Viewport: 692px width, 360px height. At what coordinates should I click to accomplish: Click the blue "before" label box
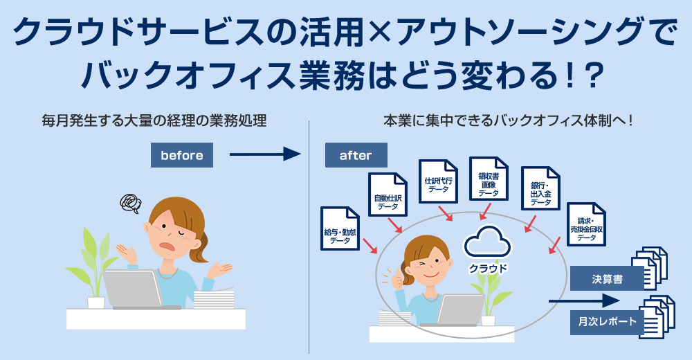click(x=182, y=155)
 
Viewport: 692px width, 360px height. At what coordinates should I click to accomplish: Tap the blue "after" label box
click(x=356, y=155)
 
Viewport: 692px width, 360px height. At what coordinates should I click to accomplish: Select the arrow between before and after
click(x=265, y=154)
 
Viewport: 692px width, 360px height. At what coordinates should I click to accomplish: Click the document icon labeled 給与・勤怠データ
click(x=340, y=228)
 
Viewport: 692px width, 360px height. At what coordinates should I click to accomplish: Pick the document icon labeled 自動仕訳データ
click(x=388, y=195)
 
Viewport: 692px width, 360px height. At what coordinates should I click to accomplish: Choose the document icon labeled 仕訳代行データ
click(x=438, y=181)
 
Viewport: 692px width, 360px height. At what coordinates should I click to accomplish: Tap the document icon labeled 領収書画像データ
click(x=489, y=179)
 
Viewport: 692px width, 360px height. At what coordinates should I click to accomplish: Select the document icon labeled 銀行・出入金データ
click(x=540, y=188)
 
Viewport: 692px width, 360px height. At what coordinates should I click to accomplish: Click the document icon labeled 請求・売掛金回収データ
click(x=586, y=224)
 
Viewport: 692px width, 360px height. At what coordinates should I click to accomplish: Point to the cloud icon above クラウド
click(x=486, y=242)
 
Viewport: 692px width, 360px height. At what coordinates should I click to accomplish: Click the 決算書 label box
click(x=608, y=279)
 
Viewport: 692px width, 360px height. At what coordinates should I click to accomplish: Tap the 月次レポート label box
click(x=608, y=321)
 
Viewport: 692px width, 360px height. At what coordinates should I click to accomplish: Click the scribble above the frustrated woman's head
click(x=131, y=204)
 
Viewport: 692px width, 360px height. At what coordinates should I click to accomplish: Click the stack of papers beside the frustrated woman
click(x=214, y=298)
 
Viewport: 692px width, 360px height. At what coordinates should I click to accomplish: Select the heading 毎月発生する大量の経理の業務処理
click(x=154, y=120)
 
